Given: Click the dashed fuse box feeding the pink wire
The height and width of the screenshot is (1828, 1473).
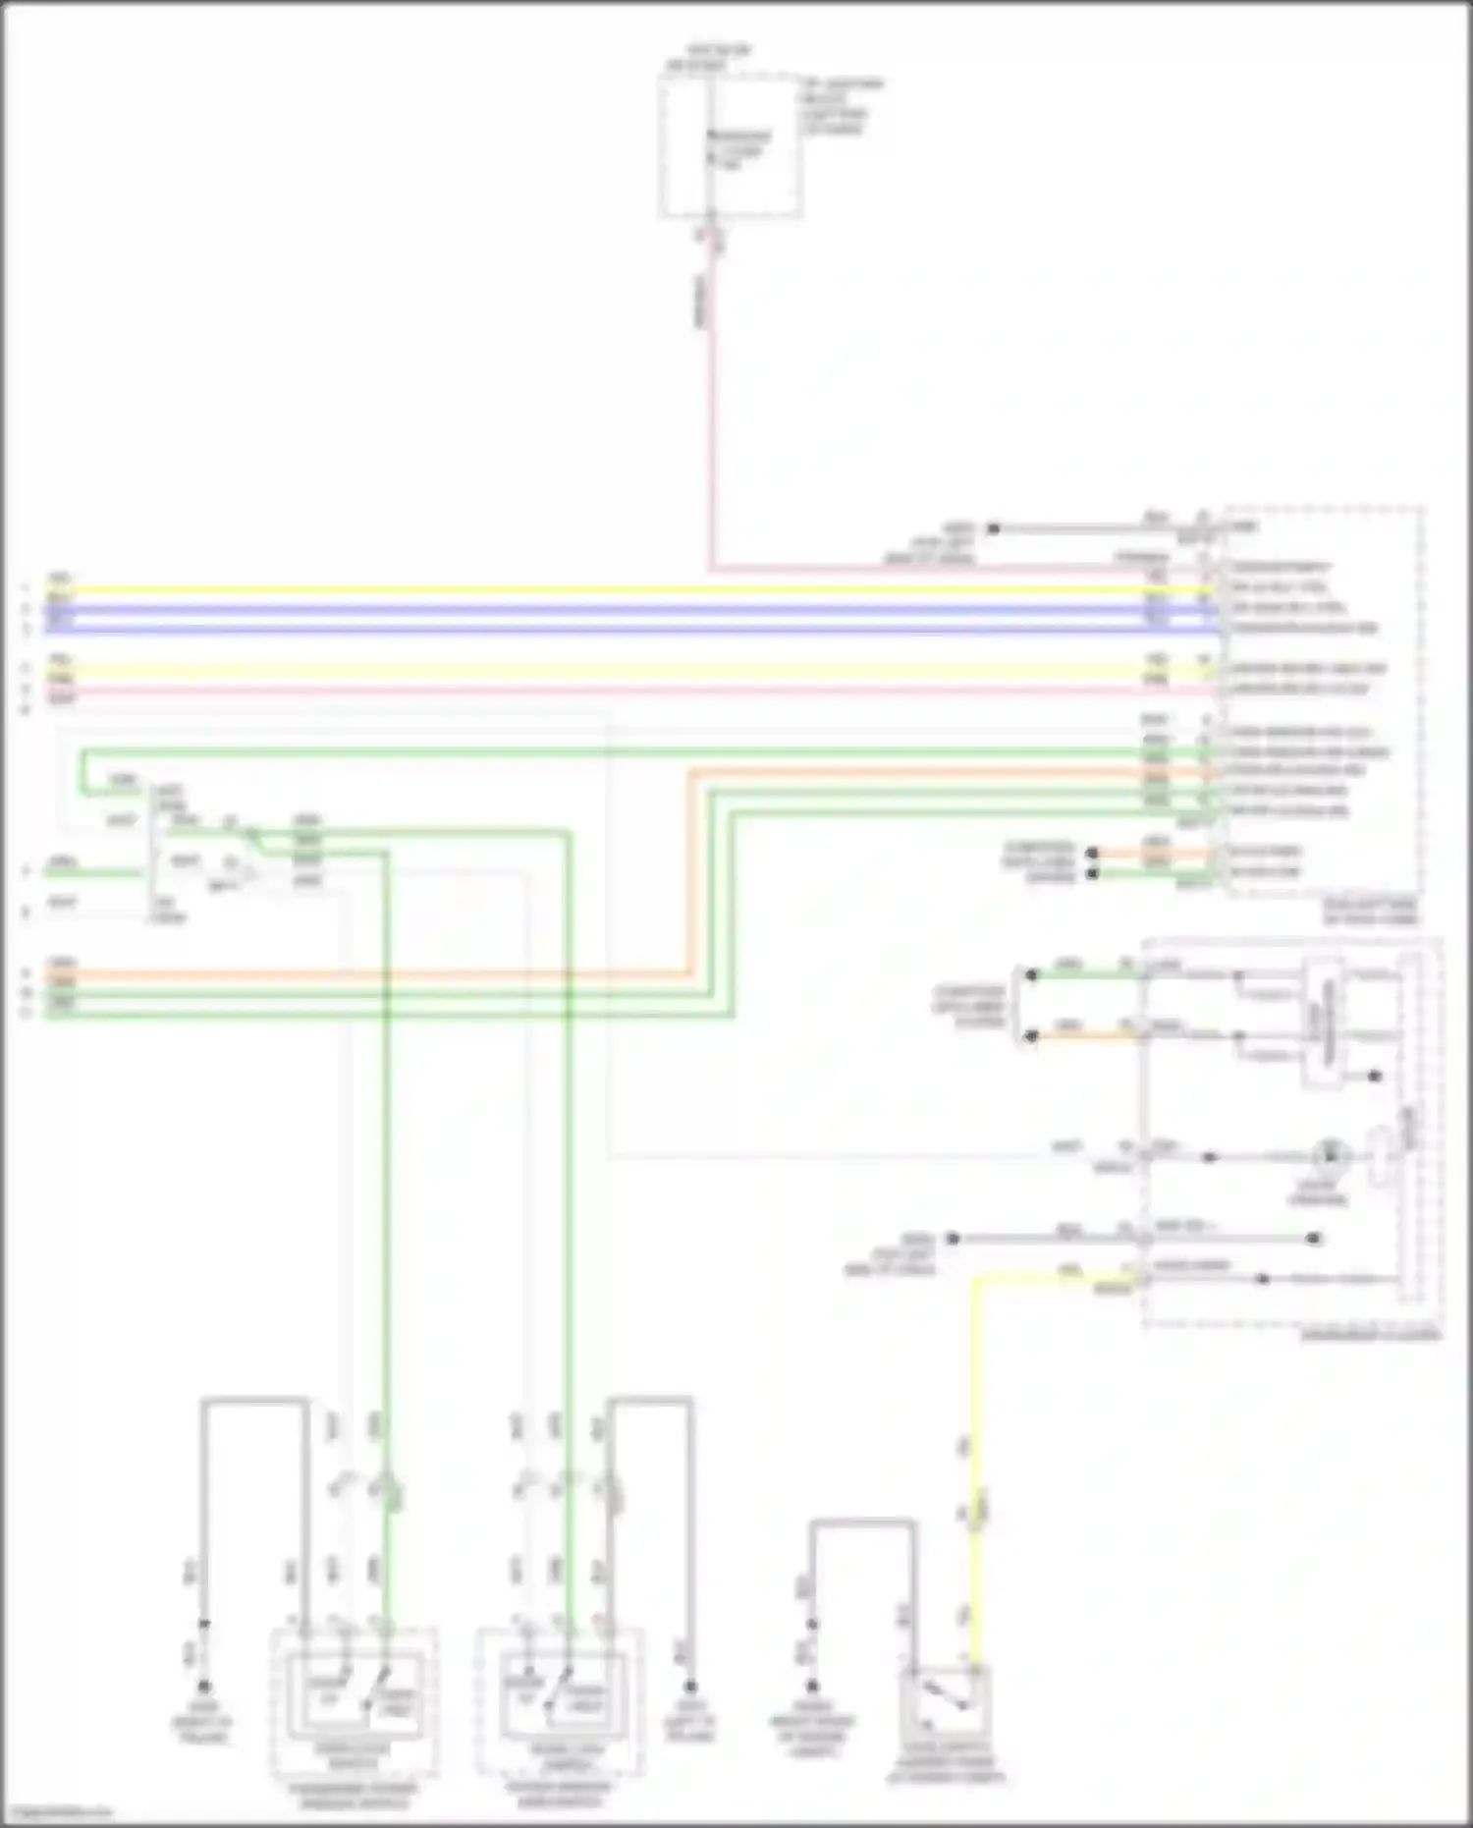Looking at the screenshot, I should (730, 147).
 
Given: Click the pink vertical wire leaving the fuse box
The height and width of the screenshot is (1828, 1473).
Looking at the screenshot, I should (709, 413).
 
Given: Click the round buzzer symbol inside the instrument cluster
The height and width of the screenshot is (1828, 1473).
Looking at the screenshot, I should (1331, 1155).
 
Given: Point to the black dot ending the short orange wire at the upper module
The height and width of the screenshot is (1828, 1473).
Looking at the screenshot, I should (1092, 853).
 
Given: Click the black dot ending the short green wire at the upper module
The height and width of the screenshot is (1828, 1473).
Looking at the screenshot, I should (1092, 873).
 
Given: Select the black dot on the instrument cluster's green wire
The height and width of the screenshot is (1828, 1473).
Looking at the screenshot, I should (1031, 974).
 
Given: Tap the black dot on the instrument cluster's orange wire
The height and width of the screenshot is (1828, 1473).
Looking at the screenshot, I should (1031, 1036).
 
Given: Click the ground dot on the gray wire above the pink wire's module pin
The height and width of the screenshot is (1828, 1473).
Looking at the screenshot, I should (993, 528).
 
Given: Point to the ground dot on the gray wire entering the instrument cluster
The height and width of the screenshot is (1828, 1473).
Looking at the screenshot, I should (952, 1239).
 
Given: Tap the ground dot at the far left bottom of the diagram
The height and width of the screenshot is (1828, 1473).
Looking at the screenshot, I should (204, 1686).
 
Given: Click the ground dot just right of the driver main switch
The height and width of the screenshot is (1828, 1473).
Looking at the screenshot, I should (690, 1686).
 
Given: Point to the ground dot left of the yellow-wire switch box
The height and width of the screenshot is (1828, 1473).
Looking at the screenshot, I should (812, 1686).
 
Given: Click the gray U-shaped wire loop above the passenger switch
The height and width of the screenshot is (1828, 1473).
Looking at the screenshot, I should (255, 1399).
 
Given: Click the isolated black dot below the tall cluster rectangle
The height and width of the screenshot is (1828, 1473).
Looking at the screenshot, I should (1375, 1077).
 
